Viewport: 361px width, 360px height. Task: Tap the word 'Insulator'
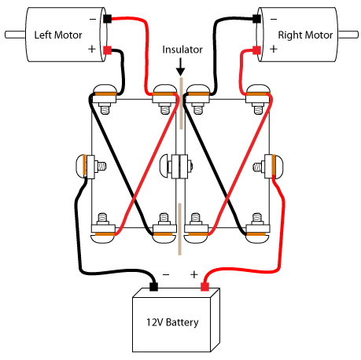coord(182,50)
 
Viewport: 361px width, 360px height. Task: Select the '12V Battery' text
coord(171,322)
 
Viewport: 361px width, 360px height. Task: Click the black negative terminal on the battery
coord(153,287)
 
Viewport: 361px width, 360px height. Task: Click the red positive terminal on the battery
coord(206,287)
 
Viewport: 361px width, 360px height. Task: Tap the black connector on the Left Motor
coord(108,17)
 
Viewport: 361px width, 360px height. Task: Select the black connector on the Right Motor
coord(257,17)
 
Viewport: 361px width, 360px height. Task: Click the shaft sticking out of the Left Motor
coord(14,35)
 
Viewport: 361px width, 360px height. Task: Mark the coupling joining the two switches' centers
coord(181,166)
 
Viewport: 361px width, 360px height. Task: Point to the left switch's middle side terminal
coord(84,166)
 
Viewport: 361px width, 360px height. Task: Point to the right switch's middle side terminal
coord(276,166)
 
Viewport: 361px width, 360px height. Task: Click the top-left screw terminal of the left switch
coord(104,95)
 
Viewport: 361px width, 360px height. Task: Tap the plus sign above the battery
coord(193,275)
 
